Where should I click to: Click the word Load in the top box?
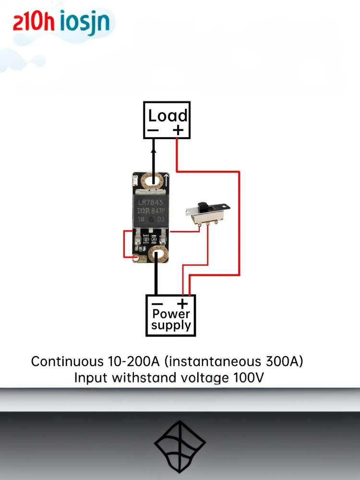[168, 116]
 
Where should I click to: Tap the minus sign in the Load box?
[153, 130]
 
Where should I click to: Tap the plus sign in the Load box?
[178, 130]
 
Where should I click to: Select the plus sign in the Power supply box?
[182, 303]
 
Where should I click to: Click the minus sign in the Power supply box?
[157, 304]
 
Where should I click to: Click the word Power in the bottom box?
[171, 314]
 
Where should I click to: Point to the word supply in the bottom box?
[171, 326]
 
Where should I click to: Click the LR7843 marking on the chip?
[150, 202]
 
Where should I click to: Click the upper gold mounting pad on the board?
[154, 181]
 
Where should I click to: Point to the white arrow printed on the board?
[166, 180]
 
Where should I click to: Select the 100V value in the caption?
[248, 378]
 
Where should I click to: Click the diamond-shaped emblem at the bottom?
[180, 446]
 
